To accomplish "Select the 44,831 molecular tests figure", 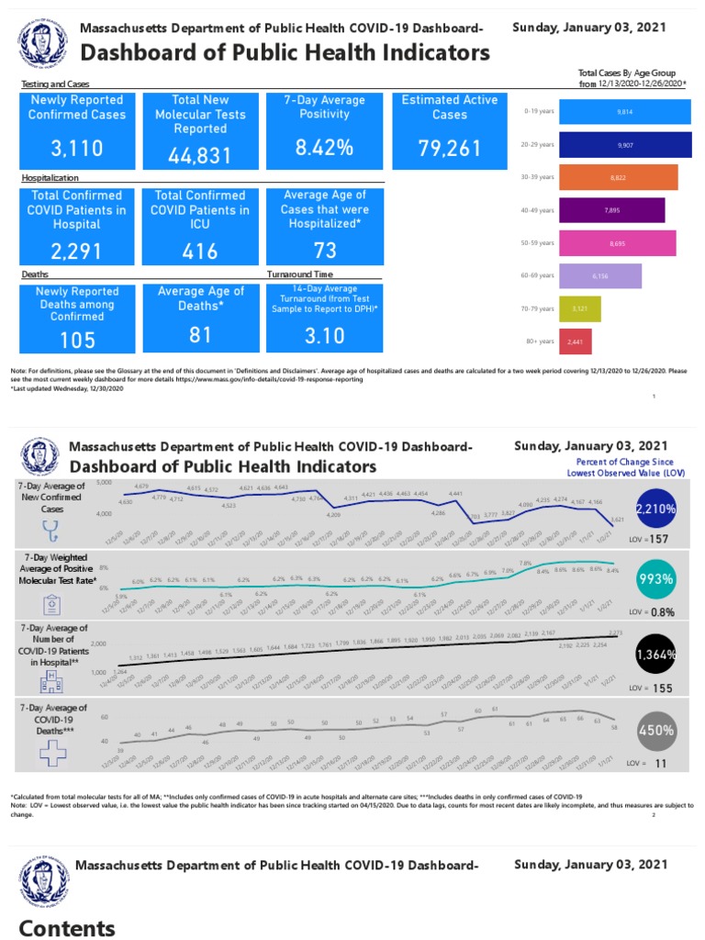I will click(199, 156).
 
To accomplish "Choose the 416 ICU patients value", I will click(199, 251).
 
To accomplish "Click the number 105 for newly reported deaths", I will click(77, 341).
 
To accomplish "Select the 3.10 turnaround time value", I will click(324, 337).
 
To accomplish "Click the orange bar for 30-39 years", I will click(618, 177).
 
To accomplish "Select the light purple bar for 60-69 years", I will click(599, 275).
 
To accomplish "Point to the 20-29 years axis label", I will click(538, 144).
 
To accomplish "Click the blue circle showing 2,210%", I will click(655, 507).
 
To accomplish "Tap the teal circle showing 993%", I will click(655, 580).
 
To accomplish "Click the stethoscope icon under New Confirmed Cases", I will click(50, 531).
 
